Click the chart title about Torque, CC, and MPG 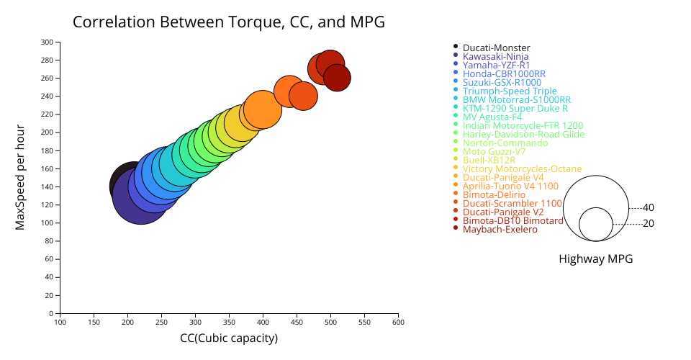[x=229, y=22]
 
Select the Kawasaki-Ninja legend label [x=495, y=56]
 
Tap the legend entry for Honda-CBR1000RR [x=504, y=73]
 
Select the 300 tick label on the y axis [x=47, y=42]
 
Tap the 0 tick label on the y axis [x=52, y=313]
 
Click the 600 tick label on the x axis [x=397, y=323]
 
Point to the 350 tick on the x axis [x=229, y=323]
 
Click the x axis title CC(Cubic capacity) [x=229, y=338]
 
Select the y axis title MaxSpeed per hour [x=21, y=178]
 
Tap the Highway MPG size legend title [x=595, y=259]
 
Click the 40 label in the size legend [x=648, y=207]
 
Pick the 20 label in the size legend [x=648, y=223]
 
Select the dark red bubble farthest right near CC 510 [x=337, y=78]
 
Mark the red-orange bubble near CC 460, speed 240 [x=303, y=96]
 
